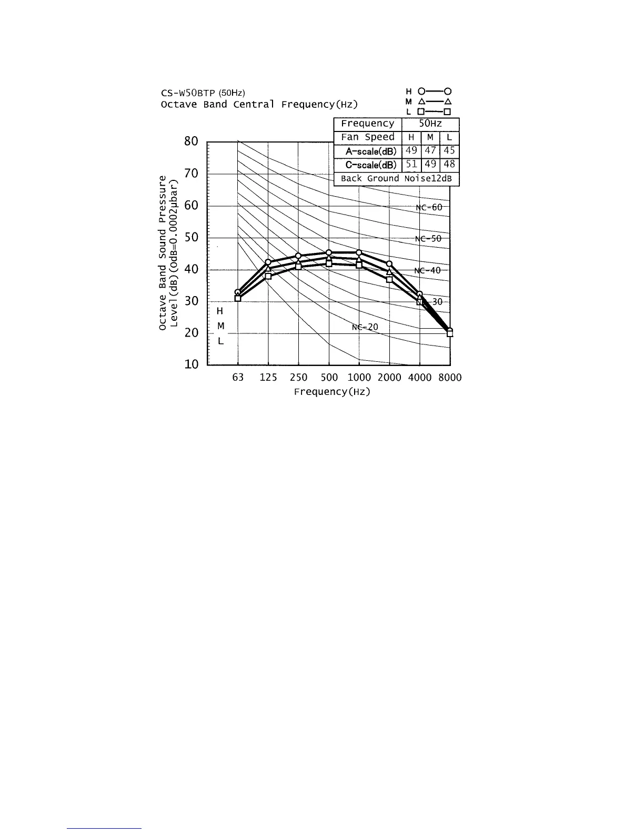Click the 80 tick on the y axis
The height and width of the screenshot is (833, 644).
(191, 141)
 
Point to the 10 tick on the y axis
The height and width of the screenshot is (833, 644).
(191, 364)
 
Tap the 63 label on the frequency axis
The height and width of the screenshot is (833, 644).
(238, 378)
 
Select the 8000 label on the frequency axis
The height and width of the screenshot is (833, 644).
(450, 378)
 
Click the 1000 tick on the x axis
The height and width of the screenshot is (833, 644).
(359, 378)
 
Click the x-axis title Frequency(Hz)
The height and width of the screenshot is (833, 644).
(332, 392)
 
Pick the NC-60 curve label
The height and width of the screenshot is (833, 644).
(429, 207)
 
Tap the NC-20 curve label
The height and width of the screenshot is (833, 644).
(365, 327)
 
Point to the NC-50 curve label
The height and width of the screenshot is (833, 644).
(428, 239)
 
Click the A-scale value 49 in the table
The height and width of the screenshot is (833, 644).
(411, 151)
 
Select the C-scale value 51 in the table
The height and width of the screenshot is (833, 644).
(411, 165)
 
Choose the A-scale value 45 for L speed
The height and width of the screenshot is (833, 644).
(449, 151)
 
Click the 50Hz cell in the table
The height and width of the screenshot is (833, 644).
(430, 124)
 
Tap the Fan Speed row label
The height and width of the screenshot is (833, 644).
(367, 137)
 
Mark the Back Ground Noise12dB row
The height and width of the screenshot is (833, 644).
(396, 179)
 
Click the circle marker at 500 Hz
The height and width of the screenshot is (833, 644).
(329, 253)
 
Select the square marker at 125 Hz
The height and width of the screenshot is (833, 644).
(268, 276)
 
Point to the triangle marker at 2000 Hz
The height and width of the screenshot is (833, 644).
(389, 271)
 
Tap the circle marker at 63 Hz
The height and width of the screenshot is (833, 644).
(238, 292)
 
